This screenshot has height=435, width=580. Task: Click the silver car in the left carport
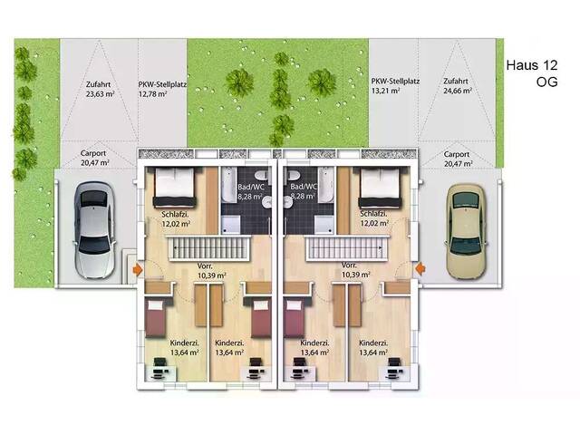pyautogui.click(x=94, y=229)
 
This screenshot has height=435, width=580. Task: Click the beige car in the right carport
pyautogui.click(x=466, y=231)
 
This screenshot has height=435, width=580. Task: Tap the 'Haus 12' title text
pyautogui.click(x=532, y=65)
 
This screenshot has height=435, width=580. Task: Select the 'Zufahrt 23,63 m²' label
pyautogui.click(x=100, y=89)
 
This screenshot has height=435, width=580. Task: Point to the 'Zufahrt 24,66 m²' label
pyautogui.click(x=458, y=86)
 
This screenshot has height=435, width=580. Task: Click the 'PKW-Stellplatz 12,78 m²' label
pyautogui.click(x=162, y=89)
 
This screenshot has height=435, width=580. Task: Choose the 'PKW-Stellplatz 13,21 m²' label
pyautogui.click(x=395, y=86)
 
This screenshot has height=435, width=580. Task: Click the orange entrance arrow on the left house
pyautogui.click(x=138, y=269)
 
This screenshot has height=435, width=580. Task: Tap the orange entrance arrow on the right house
pyautogui.click(x=420, y=268)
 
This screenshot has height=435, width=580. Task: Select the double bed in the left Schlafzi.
pyautogui.click(x=174, y=187)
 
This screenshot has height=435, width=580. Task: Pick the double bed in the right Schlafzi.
pyautogui.click(x=380, y=187)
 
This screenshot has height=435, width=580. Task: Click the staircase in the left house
pyautogui.click(x=208, y=248)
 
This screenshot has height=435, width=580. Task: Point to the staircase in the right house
pyautogui.click(x=347, y=248)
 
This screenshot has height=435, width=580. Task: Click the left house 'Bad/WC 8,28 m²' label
pyautogui.click(x=250, y=191)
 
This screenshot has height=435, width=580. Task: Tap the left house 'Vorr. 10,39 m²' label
pyautogui.click(x=211, y=271)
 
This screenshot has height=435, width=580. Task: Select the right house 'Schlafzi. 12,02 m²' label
pyautogui.click(x=374, y=218)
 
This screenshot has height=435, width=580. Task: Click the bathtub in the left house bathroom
pyautogui.click(x=227, y=185)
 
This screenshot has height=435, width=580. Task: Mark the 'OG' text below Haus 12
pyautogui.click(x=546, y=82)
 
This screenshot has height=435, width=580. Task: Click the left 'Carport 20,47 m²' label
pyautogui.click(x=94, y=158)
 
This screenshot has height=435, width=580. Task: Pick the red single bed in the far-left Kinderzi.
pyautogui.click(x=155, y=319)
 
